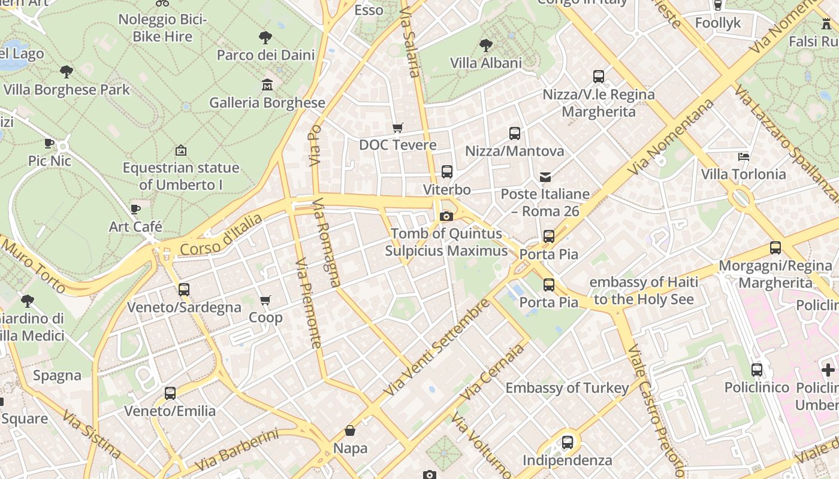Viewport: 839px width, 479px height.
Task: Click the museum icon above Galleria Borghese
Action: click(x=267, y=84)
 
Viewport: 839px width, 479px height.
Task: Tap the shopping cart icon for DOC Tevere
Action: click(x=397, y=128)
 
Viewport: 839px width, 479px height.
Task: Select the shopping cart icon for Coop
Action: click(x=265, y=300)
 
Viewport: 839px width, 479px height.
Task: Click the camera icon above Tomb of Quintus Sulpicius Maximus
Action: click(x=446, y=216)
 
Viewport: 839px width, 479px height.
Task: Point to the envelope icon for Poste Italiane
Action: click(x=545, y=177)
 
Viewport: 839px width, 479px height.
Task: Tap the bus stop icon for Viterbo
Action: click(x=446, y=172)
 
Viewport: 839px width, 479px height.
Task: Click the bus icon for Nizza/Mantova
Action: click(x=514, y=134)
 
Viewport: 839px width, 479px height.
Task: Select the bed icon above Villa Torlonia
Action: click(x=743, y=157)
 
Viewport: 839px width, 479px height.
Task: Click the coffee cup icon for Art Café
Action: click(x=135, y=209)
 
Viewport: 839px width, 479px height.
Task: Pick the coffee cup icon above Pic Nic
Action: click(x=49, y=143)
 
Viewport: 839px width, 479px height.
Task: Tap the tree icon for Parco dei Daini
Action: click(x=265, y=38)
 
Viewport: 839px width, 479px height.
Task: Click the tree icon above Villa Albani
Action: click(x=485, y=45)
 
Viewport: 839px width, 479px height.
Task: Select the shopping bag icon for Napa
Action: click(x=350, y=431)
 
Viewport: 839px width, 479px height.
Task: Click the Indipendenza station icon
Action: click(x=567, y=442)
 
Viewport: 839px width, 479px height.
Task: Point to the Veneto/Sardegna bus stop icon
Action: click(x=184, y=290)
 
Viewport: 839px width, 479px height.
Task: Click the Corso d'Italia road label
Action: click(x=222, y=236)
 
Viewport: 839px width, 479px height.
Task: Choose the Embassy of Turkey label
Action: click(x=567, y=388)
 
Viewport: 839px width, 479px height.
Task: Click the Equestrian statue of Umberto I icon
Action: click(x=180, y=150)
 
